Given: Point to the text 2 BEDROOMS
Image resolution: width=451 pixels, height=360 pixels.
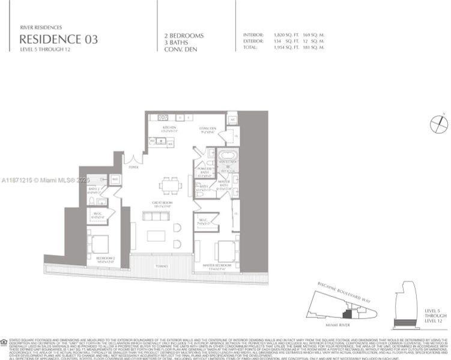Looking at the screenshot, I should coord(184,35).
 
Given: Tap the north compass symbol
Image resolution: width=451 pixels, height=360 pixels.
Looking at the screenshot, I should coord(439,124).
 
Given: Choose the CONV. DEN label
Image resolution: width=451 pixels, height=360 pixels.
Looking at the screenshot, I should coord(208,128).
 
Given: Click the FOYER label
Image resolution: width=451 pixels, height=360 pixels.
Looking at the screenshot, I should coord(134,167).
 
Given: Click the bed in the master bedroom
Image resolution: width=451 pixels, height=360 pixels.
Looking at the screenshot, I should coord(225,250).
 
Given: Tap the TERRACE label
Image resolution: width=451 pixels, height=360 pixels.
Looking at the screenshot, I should coord(162,265).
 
